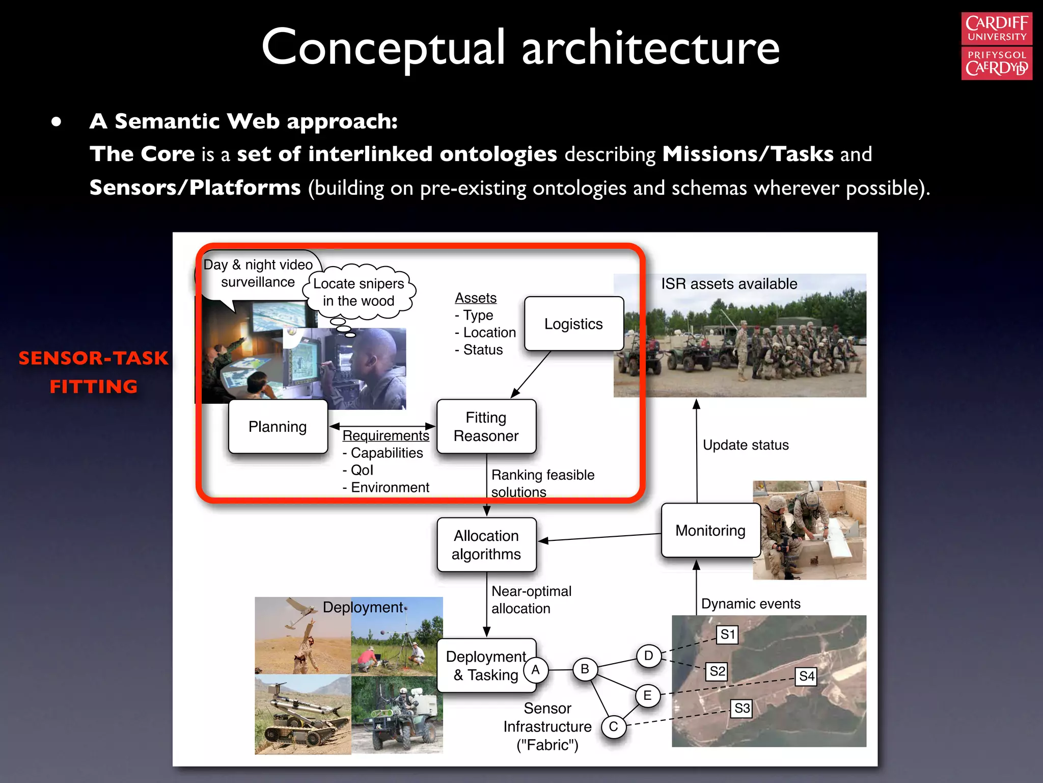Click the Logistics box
[574, 324]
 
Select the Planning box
[278, 427]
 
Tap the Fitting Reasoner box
[486, 427]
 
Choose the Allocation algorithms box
[486, 545]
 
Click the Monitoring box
[710, 531]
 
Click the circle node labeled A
[536, 670]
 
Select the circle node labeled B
[585, 669]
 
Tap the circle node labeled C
[614, 726]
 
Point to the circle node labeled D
[649, 656]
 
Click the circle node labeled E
[648, 695]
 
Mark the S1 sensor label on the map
[728, 635]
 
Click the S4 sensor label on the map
[807, 676]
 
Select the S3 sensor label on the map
[742, 708]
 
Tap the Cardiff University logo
[997, 46]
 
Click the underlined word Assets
[476, 298]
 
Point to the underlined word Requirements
[386, 436]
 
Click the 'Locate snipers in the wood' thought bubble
[359, 292]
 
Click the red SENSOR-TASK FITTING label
[94, 372]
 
